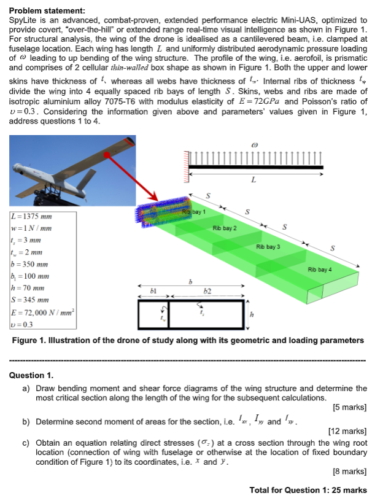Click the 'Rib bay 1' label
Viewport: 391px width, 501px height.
tap(193, 212)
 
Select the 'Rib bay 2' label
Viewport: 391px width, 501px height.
tap(224, 228)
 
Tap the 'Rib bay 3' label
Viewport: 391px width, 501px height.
tap(269, 247)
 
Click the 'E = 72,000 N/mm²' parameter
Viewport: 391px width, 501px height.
tap(41, 311)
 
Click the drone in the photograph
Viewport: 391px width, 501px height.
tap(68, 172)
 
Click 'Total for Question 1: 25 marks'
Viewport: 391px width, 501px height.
tap(308, 489)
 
